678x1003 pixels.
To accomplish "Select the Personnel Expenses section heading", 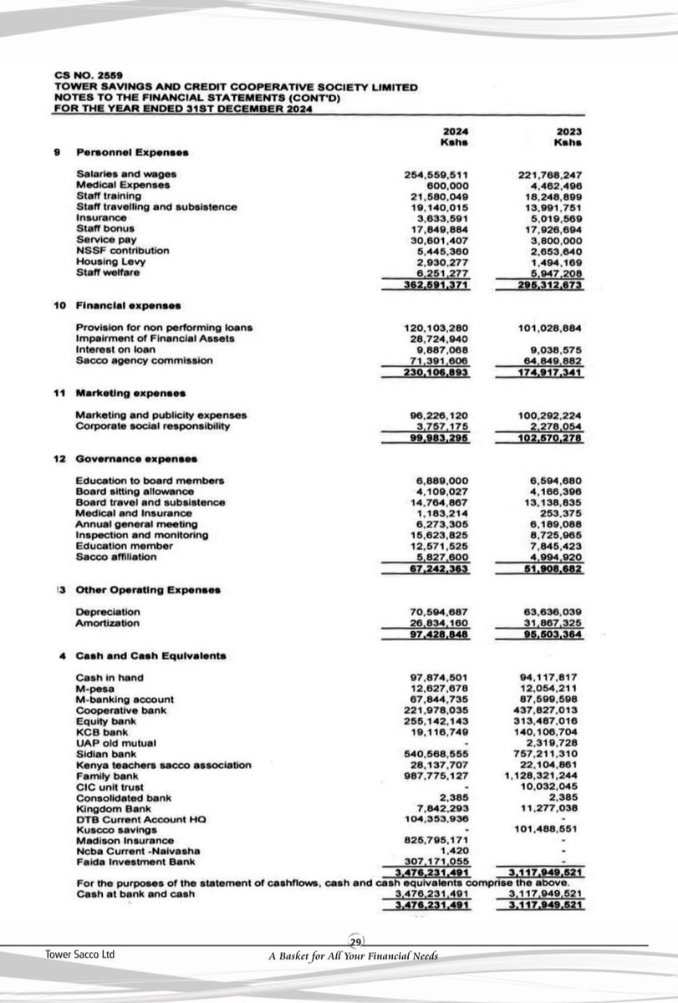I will click(131, 152).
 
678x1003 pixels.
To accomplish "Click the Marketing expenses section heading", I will click(130, 393).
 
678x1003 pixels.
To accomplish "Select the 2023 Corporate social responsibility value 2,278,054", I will click(553, 426).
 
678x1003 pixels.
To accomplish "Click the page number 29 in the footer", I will click(354, 942).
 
